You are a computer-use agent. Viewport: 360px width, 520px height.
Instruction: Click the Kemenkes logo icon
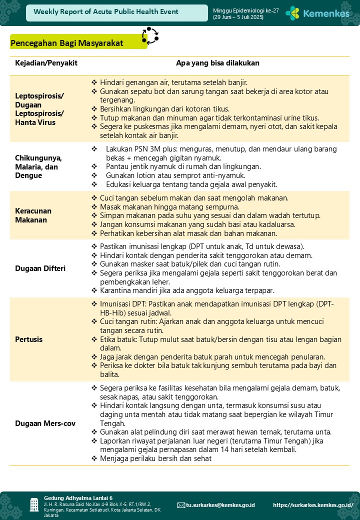pos(292,13)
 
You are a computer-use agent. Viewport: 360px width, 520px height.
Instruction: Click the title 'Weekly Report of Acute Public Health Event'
pos(106,12)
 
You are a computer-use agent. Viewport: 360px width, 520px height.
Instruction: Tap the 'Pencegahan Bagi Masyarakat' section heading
pos(66,43)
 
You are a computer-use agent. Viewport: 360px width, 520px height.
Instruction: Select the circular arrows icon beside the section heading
pos(149,36)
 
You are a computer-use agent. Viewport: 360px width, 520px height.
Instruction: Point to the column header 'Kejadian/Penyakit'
pos(46,63)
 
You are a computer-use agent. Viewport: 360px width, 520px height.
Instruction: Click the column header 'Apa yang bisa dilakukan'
pos(217,63)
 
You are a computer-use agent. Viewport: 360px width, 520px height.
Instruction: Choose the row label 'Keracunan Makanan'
pos(33,215)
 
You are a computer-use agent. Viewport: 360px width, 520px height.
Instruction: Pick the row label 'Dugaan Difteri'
pos(40,268)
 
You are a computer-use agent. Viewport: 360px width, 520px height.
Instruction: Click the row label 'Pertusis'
pos(28,339)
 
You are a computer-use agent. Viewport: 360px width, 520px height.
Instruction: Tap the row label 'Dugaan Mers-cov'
pos(45,423)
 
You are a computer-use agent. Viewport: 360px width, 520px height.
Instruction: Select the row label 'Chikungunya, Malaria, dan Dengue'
pos(38,166)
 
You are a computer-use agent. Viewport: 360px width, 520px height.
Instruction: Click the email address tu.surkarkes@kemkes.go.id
pos(220,505)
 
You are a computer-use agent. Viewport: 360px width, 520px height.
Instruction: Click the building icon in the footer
pos(34,504)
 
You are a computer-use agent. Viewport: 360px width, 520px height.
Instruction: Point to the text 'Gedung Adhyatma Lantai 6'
pos(78,498)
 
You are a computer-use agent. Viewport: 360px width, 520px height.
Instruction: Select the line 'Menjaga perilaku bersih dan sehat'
pos(155,458)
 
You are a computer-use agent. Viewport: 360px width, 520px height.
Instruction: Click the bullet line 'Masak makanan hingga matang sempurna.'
pos(169,206)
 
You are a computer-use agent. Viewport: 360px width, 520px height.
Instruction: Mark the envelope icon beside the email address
pos(181,505)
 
